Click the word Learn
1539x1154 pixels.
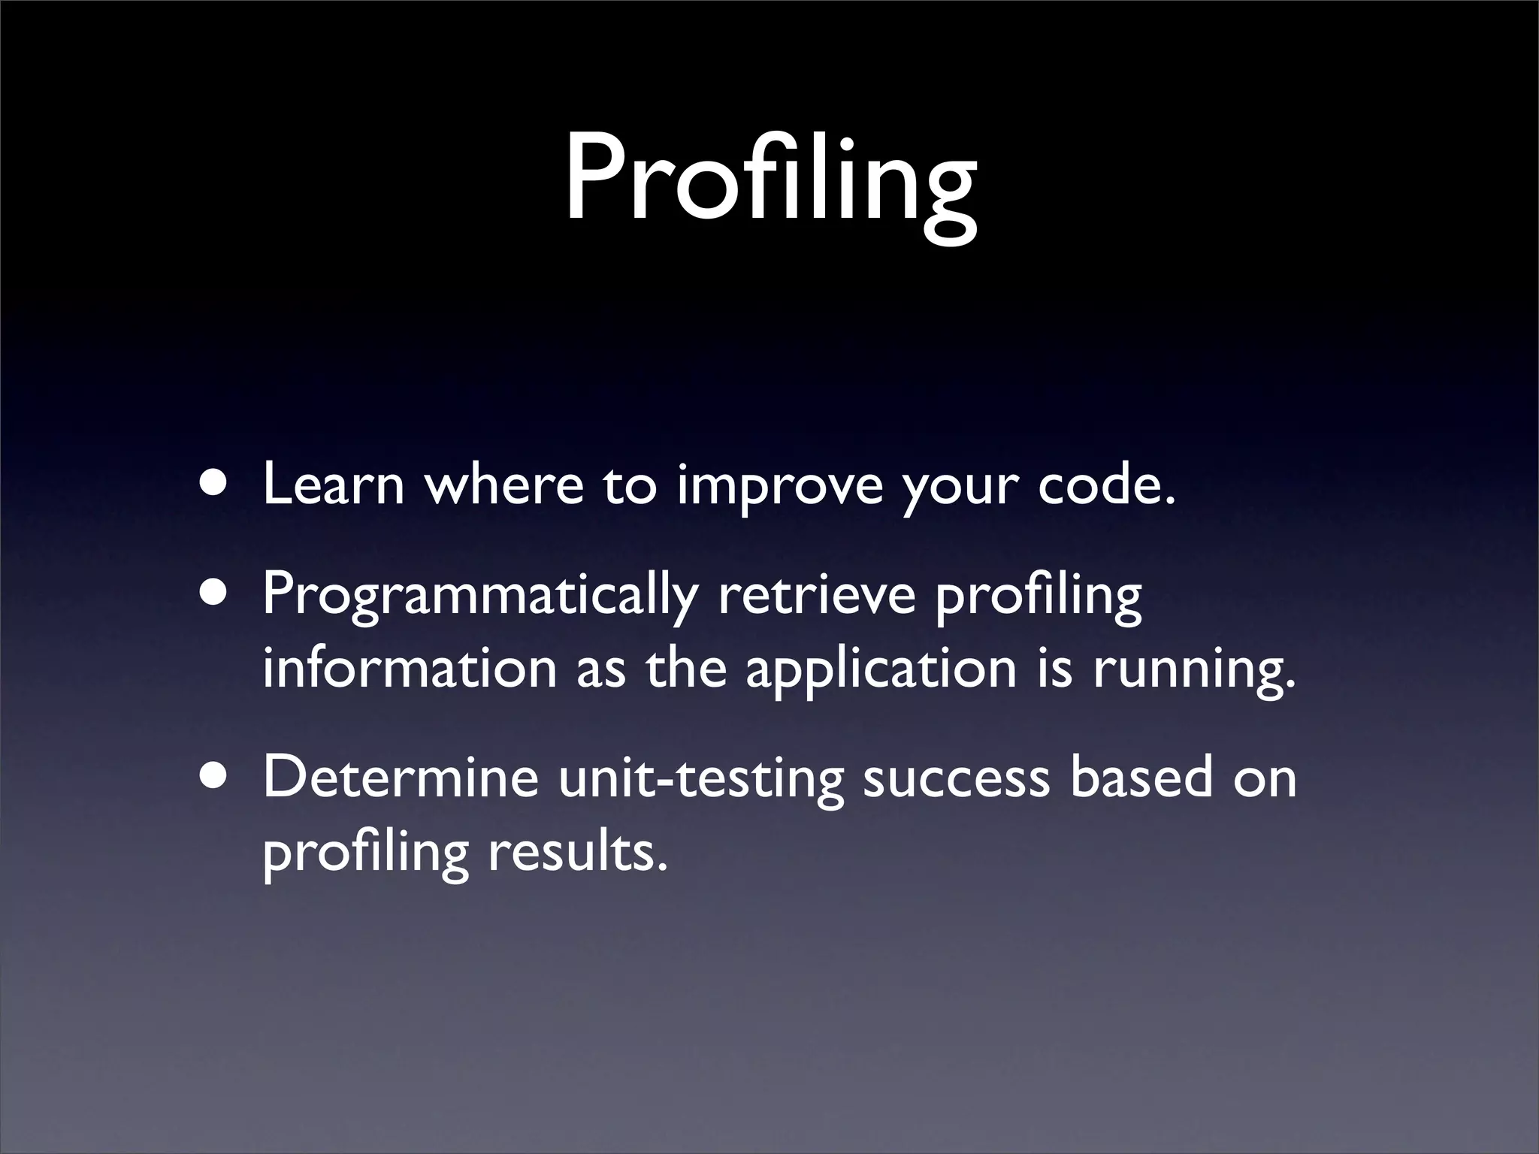coord(334,485)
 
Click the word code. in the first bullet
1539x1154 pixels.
coord(1105,485)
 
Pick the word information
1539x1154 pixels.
coord(409,668)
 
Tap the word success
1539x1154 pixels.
coord(956,778)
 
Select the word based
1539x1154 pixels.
coord(1141,778)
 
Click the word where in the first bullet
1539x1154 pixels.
coord(504,485)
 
